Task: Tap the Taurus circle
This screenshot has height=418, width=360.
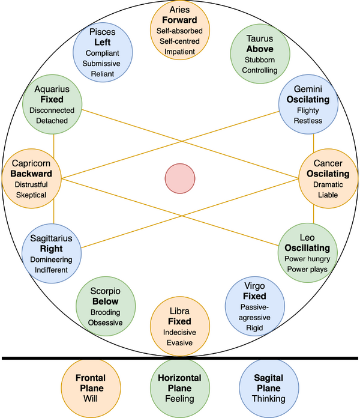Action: tap(260, 53)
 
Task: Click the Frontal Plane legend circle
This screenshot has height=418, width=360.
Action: tap(90, 387)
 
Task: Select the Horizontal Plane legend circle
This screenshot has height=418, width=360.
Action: tap(179, 387)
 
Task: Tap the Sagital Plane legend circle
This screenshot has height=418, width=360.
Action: tap(269, 387)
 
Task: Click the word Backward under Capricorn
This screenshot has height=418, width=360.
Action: tap(32, 174)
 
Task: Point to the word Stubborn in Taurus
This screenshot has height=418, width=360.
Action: tap(260, 59)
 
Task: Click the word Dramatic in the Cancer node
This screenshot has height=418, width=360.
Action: tap(328, 184)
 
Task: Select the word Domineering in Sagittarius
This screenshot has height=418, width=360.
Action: tap(51, 259)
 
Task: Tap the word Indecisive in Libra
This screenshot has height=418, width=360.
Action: tap(179, 332)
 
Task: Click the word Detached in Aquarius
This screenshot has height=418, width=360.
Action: tap(51, 121)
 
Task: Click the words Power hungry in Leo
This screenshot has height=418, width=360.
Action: tap(307, 259)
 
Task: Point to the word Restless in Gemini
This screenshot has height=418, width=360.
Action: tap(309, 120)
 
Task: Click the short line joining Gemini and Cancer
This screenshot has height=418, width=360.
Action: tap(313, 142)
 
